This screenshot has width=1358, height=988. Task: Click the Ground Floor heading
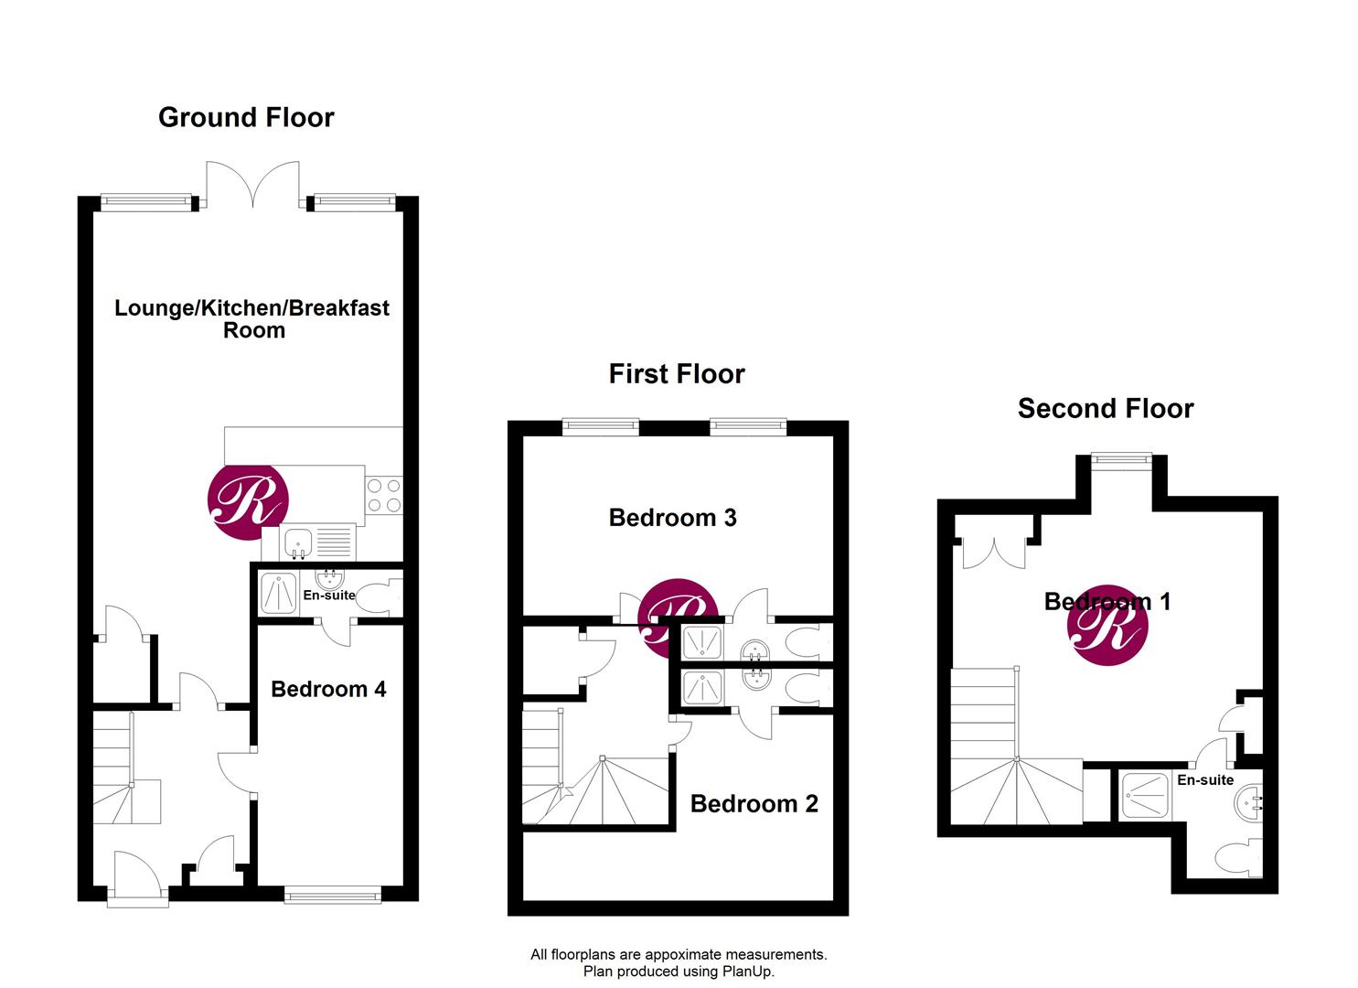pyautogui.click(x=246, y=118)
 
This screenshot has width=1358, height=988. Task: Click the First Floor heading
pyautogui.click(x=677, y=374)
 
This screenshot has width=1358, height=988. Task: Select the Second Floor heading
pyautogui.click(x=1105, y=409)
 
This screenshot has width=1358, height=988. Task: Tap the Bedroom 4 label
pyautogui.click(x=328, y=689)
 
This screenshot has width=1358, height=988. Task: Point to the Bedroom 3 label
pyautogui.click(x=672, y=518)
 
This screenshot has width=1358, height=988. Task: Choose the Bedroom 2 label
pyautogui.click(x=754, y=804)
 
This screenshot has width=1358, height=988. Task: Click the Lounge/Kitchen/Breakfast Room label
pyautogui.click(x=251, y=318)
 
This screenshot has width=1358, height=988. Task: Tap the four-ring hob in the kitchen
pyautogui.click(x=383, y=496)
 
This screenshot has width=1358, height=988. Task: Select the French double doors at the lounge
pyautogui.click(x=253, y=185)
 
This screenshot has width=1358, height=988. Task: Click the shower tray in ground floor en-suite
pyautogui.click(x=278, y=593)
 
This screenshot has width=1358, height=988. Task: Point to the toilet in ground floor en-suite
pyautogui.click(x=383, y=596)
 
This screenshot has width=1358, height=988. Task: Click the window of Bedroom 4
pyautogui.click(x=332, y=895)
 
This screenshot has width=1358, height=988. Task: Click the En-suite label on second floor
pyautogui.click(x=1205, y=780)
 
